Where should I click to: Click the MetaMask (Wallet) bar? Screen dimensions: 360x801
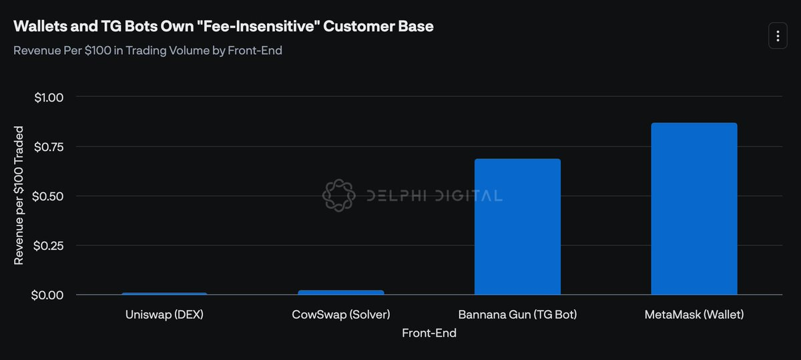click(694, 208)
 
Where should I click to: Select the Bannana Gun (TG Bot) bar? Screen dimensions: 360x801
click(517, 226)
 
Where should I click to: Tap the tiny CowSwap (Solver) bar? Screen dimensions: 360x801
click(341, 293)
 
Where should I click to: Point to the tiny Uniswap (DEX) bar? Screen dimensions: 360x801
click(164, 294)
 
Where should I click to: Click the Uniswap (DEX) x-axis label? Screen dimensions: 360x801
click(164, 314)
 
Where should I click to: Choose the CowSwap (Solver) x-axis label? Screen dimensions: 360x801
click(341, 314)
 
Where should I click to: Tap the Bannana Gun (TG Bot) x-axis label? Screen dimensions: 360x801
click(517, 314)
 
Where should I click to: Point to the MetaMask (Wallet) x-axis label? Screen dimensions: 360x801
click(694, 314)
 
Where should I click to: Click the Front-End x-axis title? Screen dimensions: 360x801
click(429, 333)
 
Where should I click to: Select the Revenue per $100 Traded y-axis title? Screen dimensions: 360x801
click(19, 195)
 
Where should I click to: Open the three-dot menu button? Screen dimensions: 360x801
click(778, 35)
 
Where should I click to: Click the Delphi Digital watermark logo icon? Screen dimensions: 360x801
click(338, 195)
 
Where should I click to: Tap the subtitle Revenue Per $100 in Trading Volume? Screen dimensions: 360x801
click(148, 51)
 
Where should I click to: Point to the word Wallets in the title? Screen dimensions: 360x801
click(38, 27)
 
